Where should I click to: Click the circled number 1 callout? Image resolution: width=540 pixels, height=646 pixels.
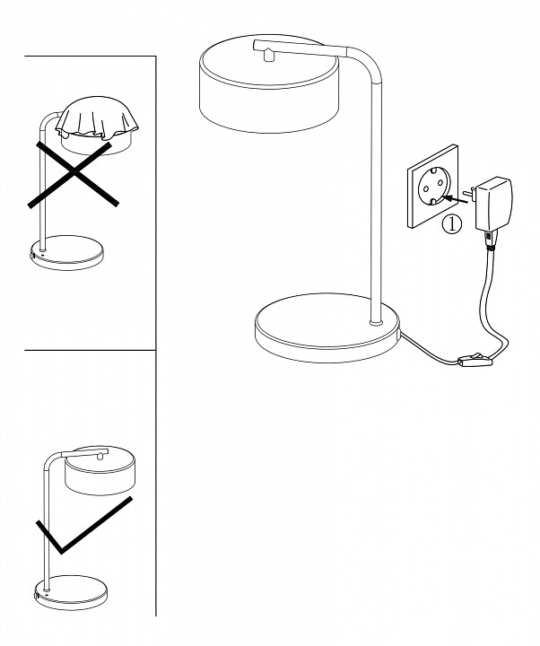tap(452, 224)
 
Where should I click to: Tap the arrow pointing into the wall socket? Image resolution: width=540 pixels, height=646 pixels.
tap(457, 200)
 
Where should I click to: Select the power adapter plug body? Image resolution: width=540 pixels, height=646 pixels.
tap(493, 204)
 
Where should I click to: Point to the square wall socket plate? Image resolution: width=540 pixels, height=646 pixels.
tap(432, 187)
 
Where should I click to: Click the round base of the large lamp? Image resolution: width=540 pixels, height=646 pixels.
tap(327, 328)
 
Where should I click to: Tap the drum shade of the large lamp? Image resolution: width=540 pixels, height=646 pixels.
tap(269, 85)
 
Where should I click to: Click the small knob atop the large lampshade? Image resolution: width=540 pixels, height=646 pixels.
tap(268, 54)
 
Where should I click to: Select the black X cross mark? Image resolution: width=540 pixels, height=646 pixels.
tap(74, 174)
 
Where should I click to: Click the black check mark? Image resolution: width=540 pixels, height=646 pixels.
tap(83, 525)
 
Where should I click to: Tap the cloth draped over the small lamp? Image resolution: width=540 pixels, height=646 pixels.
tap(96, 119)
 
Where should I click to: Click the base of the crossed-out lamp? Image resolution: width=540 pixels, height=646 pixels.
tap(67, 252)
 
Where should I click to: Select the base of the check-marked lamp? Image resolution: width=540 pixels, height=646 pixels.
tap(71, 592)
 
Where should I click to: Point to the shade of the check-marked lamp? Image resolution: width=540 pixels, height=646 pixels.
tap(100, 470)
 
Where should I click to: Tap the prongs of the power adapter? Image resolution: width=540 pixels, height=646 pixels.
tap(469, 193)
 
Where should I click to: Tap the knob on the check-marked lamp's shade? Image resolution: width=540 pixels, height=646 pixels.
tap(100, 455)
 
